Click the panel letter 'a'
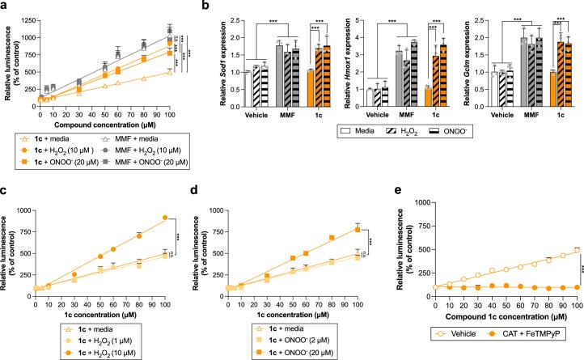[5, 6]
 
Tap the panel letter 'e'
[397, 192]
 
